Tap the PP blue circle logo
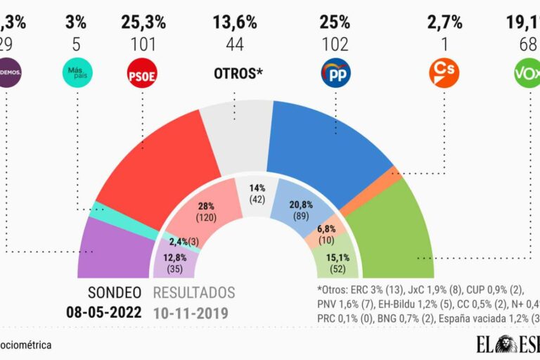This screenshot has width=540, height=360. click(x=335, y=72)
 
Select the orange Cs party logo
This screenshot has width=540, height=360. click(x=444, y=72)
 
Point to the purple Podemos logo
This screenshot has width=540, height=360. click(x=10, y=72)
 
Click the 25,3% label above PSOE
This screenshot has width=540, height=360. click(x=143, y=22)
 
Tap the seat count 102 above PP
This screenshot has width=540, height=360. click(x=335, y=45)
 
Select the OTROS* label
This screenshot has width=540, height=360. click(x=237, y=73)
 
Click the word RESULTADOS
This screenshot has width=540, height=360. click(x=194, y=292)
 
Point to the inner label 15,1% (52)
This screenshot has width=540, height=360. click(x=335, y=262)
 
